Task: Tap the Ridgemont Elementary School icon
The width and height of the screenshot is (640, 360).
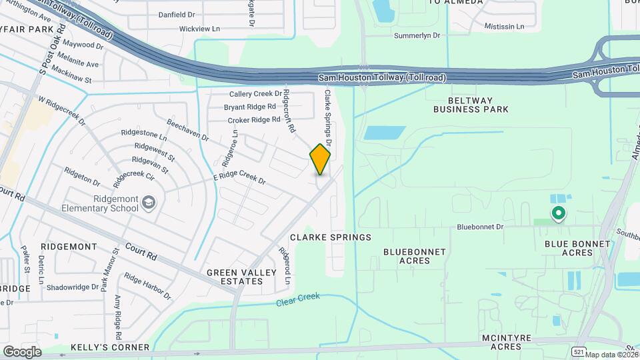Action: coord(150,202)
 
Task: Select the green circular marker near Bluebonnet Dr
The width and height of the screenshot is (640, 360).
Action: coord(558,213)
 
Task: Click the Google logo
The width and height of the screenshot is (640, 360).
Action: coord(22,351)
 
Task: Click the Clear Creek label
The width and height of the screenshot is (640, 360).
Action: coord(298,300)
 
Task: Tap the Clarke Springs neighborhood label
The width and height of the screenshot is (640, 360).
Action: coord(330,237)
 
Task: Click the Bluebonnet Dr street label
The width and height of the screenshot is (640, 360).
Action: coord(479,227)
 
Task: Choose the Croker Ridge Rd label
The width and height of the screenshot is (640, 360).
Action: coord(254,120)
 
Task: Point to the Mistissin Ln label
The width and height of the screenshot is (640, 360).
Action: coord(505,27)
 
